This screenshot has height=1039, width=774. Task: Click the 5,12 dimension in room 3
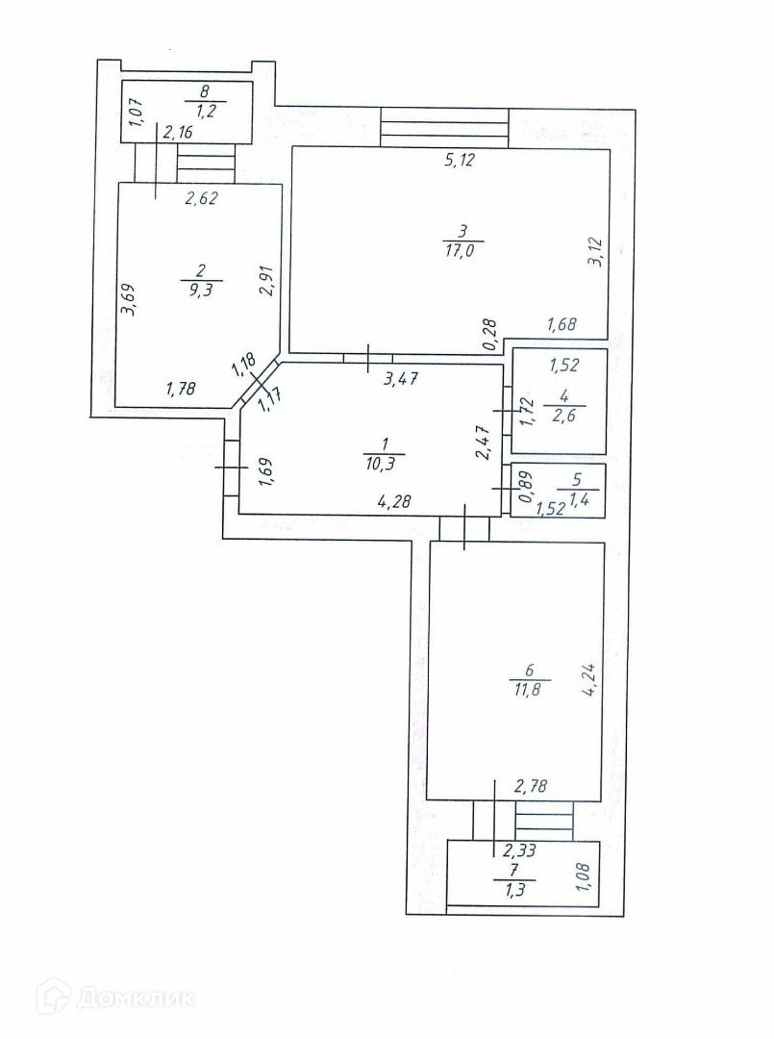tap(461, 161)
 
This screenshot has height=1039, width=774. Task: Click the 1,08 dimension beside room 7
tap(583, 876)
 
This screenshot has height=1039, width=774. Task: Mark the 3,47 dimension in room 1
tap(401, 379)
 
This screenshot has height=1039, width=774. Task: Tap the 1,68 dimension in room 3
tap(563, 325)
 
